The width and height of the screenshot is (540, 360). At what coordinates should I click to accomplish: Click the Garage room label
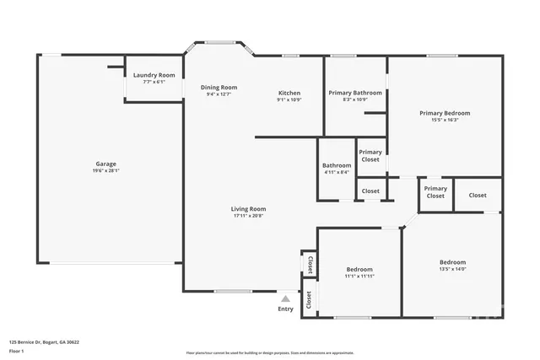[x=105, y=164]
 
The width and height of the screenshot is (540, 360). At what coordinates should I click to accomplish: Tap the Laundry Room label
[x=154, y=75]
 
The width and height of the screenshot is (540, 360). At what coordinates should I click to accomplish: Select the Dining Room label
[x=219, y=87]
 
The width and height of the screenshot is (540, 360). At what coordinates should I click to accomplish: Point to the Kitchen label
[x=289, y=93]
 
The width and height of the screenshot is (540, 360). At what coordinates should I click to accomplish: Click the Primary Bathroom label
[x=355, y=93]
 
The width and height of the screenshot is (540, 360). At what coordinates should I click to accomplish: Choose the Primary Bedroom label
[x=445, y=112]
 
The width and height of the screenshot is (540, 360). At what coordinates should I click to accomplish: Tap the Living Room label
[x=249, y=208]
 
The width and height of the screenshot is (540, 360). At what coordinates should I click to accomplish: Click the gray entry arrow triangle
[x=286, y=298]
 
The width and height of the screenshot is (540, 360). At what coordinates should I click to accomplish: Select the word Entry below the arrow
[x=286, y=309]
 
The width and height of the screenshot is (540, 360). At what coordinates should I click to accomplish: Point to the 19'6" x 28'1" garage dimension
[x=105, y=171]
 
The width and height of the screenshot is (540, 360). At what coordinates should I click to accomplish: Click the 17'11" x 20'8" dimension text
[x=249, y=216]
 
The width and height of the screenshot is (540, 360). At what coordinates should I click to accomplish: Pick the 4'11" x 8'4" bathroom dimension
[x=336, y=172]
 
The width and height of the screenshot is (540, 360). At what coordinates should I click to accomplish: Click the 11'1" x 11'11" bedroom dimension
[x=359, y=276]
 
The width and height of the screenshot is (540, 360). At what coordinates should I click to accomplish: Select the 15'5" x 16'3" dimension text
[x=445, y=120]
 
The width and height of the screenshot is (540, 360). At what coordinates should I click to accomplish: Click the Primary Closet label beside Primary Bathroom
[x=370, y=155]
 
